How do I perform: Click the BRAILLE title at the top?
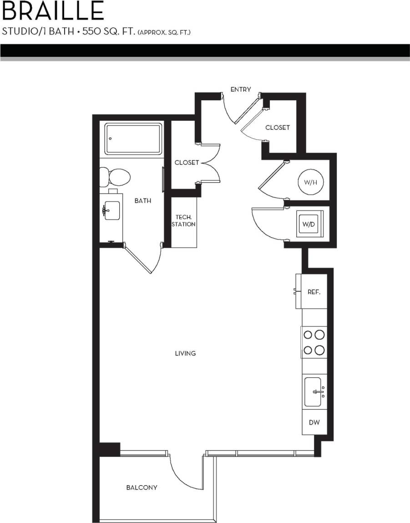(53, 11)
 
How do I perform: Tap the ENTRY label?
(240, 89)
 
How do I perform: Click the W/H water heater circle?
(310, 182)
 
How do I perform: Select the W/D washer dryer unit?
(309, 224)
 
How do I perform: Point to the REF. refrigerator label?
(314, 292)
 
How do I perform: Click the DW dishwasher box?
(314, 422)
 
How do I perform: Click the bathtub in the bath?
(133, 139)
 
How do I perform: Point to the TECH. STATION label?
(184, 220)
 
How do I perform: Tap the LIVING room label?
(185, 353)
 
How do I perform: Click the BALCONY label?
(142, 487)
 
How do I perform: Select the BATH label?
(143, 200)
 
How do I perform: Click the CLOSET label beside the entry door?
(278, 128)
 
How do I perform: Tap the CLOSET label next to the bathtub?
(187, 163)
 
